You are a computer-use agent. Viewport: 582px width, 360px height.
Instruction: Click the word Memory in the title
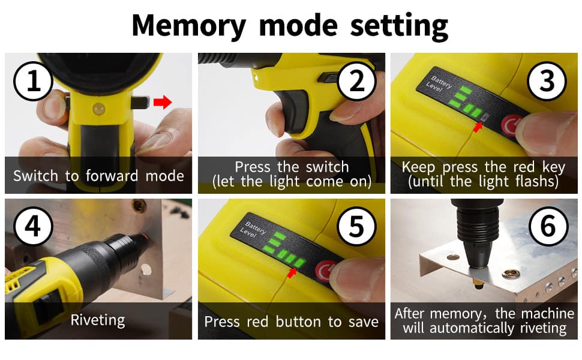click(x=188, y=26)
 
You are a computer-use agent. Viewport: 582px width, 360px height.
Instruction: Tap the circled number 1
click(x=33, y=81)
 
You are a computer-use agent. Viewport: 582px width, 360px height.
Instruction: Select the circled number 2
click(x=356, y=81)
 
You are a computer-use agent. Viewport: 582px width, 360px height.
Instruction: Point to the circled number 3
click(x=547, y=81)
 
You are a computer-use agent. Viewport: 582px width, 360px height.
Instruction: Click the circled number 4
click(x=33, y=226)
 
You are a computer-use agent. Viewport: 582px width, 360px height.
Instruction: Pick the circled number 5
click(x=356, y=226)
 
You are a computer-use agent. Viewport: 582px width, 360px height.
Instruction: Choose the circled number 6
click(x=548, y=226)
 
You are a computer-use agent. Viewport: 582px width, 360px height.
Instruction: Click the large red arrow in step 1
click(x=163, y=101)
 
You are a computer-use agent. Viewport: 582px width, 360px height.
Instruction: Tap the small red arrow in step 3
click(x=478, y=127)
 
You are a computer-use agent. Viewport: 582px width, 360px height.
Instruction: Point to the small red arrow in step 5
click(x=292, y=273)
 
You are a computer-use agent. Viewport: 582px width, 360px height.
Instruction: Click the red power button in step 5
click(x=325, y=271)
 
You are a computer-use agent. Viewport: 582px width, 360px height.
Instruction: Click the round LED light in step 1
click(x=99, y=109)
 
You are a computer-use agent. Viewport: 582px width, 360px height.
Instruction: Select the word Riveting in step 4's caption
click(x=98, y=320)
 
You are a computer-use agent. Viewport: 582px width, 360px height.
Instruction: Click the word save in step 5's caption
click(x=364, y=322)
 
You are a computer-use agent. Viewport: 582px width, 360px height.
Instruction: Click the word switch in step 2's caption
click(x=327, y=167)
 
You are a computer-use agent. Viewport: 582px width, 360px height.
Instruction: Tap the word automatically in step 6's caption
click(x=472, y=328)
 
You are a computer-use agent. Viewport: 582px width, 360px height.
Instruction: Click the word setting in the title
click(x=399, y=26)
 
